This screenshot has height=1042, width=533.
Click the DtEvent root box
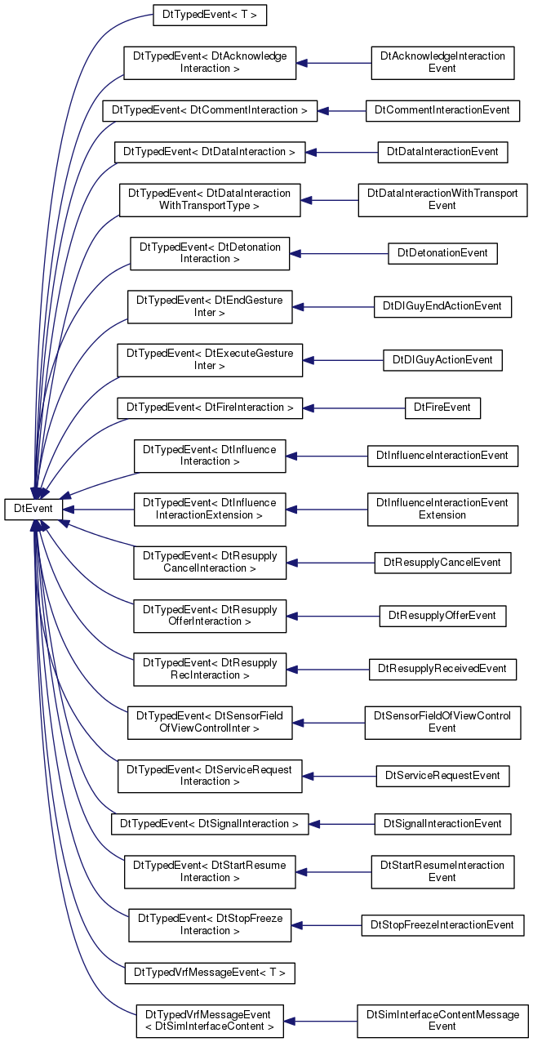[33, 509]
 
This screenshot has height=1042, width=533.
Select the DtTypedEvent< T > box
[210, 15]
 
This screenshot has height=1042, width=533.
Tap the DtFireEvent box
[442, 408]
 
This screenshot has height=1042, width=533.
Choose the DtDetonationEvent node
[442, 253]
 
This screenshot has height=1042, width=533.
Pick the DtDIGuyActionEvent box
[442, 360]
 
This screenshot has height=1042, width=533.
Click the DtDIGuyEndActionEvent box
[442, 307]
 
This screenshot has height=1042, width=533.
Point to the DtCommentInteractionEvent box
[442, 111]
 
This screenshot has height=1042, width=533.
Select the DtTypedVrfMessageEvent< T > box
[210, 973]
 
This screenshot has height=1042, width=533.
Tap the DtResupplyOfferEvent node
[442, 616]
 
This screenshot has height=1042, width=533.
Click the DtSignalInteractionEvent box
[442, 824]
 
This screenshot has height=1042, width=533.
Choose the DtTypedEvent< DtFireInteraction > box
[210, 408]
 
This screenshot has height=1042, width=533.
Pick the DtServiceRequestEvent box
[442, 776]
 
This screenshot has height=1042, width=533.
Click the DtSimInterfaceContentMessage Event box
[442, 1021]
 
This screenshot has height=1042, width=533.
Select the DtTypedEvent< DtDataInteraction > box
[210, 152]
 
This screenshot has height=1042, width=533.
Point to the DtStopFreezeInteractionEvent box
[442, 925]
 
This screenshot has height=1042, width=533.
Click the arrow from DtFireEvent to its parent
[354, 408]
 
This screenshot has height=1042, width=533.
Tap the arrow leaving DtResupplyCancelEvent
[331, 563]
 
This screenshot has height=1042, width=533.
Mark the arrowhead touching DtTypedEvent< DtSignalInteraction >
[314, 824]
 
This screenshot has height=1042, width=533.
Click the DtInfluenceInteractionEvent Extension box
[442, 510]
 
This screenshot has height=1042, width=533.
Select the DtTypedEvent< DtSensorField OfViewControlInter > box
[210, 723]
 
